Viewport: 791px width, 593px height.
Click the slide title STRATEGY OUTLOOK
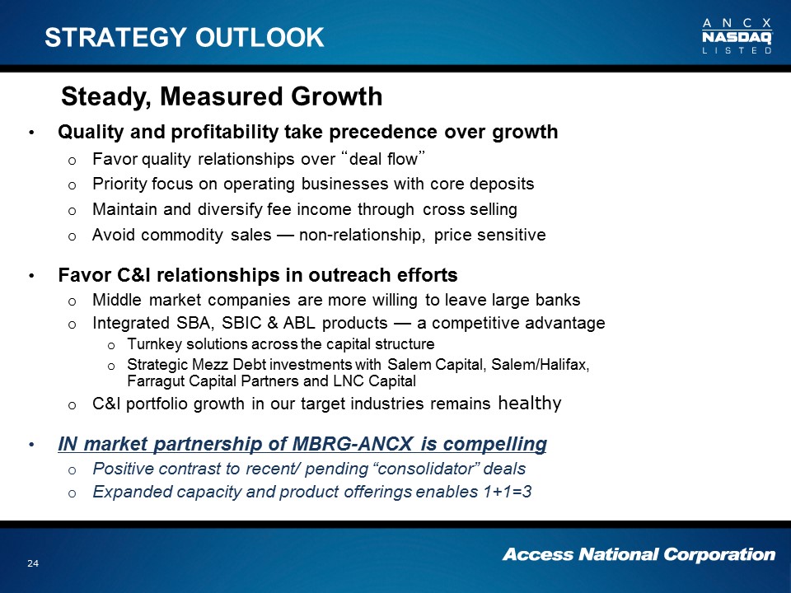point(184,37)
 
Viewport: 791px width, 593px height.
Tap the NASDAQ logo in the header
point(737,37)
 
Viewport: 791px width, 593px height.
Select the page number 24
point(33,563)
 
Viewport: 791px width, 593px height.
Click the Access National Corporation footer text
point(639,554)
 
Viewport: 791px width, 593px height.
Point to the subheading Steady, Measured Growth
point(222,96)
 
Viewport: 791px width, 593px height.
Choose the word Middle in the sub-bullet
point(116,300)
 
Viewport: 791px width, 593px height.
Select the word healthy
point(530,403)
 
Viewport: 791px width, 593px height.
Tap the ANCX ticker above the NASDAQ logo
point(737,23)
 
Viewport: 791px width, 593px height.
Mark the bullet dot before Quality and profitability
point(32,133)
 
